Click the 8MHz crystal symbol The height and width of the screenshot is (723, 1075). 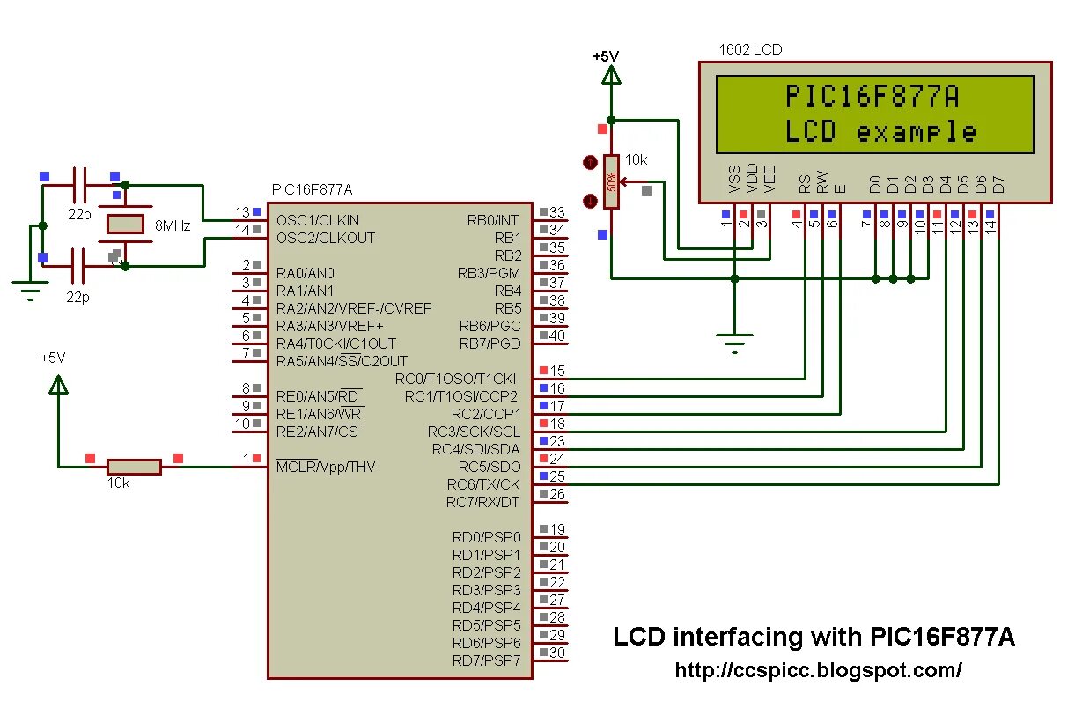tap(124, 224)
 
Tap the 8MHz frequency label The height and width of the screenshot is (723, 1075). tap(173, 225)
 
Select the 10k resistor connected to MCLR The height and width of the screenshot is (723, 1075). tap(134, 467)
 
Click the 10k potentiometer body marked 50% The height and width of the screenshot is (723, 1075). tap(611, 181)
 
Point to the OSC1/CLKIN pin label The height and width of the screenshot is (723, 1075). tap(318, 220)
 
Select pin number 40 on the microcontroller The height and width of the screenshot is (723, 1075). tap(556, 336)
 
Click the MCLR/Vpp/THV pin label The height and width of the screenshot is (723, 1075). tap(326, 467)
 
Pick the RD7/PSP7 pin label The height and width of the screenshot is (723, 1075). tap(486, 660)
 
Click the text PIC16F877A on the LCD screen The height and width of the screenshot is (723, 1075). tap(872, 96)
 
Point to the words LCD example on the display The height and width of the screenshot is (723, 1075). tap(880, 132)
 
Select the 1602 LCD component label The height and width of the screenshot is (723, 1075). tap(750, 50)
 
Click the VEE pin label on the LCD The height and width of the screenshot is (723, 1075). tap(770, 179)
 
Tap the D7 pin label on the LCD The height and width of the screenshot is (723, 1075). tap(998, 184)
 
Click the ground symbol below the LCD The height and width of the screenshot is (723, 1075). tap(735, 340)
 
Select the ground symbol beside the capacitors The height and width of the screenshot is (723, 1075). tap(31, 289)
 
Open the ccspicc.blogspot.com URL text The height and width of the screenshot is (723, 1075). tap(818, 670)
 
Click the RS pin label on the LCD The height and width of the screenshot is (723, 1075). tap(805, 183)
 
